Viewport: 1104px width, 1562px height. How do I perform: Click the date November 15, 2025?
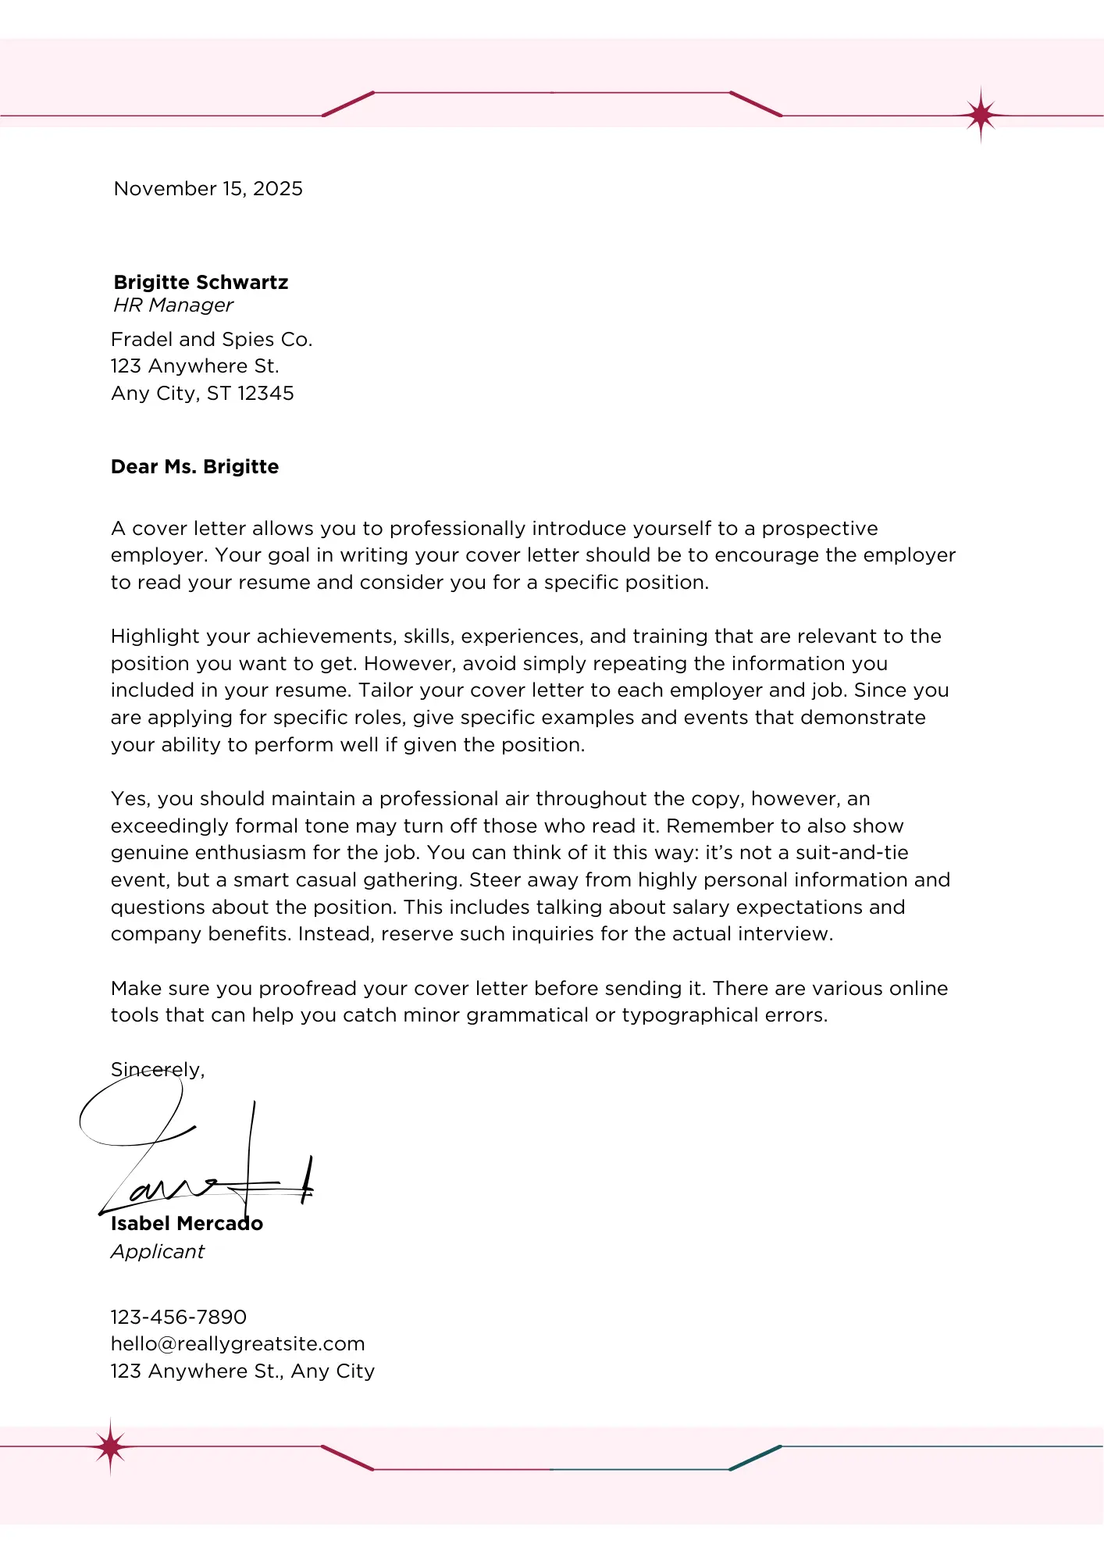pos(208,189)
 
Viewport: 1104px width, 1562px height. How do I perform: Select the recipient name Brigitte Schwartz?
pos(201,282)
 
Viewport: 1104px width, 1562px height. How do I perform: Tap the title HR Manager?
pos(173,305)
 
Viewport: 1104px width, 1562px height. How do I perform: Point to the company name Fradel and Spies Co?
pos(211,340)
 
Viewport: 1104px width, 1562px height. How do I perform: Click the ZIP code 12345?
pos(265,394)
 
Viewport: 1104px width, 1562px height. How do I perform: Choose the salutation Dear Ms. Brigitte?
pos(194,467)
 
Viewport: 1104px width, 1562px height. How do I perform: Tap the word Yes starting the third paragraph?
pos(128,799)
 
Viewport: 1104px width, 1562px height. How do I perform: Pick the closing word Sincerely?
pos(157,1070)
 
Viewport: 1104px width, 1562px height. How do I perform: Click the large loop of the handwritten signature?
pos(130,1113)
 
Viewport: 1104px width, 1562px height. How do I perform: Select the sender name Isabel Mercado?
pos(187,1224)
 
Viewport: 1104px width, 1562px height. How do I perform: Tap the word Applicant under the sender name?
pos(157,1252)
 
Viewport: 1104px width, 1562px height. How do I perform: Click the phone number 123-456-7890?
pos(178,1318)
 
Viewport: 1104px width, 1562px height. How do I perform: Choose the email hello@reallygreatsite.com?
pos(237,1344)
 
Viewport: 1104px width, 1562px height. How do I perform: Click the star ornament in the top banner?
pos(981,116)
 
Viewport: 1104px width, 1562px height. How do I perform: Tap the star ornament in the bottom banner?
pos(111,1447)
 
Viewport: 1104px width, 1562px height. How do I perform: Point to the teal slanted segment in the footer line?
pos(755,1458)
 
